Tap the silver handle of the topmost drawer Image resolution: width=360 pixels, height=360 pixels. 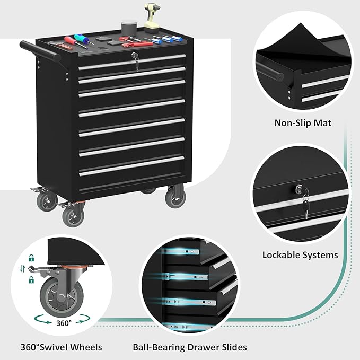click(133, 64)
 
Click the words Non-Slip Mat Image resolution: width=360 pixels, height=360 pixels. click(303, 123)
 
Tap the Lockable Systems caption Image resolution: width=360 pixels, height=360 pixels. click(300, 255)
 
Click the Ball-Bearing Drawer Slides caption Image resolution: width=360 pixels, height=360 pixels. click(190, 348)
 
